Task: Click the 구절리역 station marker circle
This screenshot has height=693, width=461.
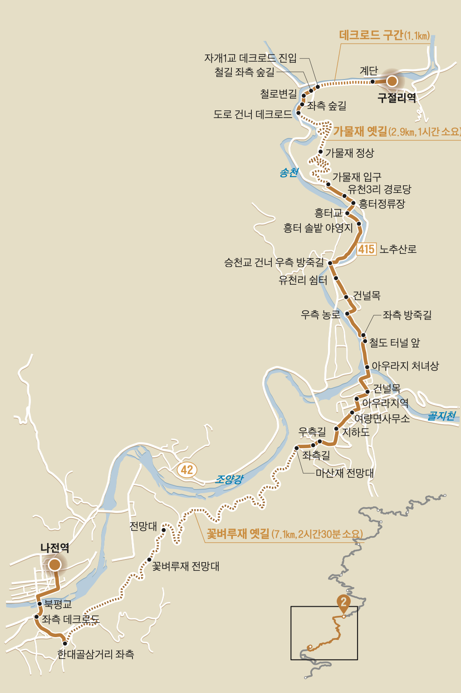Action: coord(392,81)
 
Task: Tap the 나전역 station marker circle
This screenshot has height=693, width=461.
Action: coord(54,564)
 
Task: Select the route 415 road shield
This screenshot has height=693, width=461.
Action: coord(366,249)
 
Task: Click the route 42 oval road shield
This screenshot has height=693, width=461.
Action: coord(187,470)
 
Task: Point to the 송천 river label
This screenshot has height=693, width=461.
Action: coord(289,173)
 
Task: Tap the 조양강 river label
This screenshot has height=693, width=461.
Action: coord(229,479)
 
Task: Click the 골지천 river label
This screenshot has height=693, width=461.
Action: coord(441,416)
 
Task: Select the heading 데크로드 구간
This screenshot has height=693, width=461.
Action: coord(371,35)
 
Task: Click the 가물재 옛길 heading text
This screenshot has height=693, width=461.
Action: coord(360,132)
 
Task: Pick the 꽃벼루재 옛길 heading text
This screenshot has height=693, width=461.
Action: coord(238,534)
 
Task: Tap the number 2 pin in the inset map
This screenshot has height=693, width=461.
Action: coord(343,602)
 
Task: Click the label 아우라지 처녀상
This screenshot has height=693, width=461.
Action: coord(405,366)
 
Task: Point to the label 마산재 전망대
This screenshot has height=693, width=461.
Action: coord(345,473)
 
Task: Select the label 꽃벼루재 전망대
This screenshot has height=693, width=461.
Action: coord(186,566)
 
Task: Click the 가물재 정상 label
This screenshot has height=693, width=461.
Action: coord(350,153)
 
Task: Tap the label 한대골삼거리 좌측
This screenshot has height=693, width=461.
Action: coord(96,654)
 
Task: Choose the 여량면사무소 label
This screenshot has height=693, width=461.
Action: coord(382,418)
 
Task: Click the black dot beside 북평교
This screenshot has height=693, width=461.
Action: coord(40,604)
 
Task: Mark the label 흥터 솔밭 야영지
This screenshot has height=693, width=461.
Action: coord(318,228)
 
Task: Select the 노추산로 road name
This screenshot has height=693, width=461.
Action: coord(398,249)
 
